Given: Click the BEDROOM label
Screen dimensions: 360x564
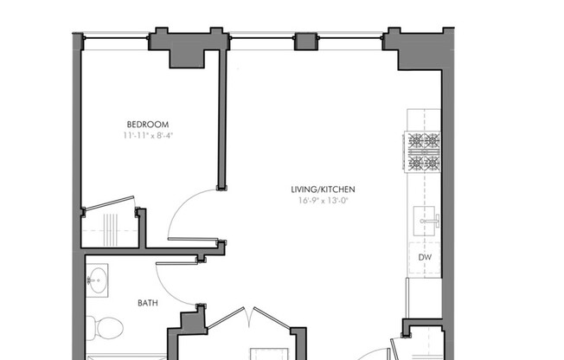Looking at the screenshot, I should tap(147, 124).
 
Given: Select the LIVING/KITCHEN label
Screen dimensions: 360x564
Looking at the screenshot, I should tap(323, 190).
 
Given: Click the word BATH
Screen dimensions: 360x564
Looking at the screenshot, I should tap(148, 303).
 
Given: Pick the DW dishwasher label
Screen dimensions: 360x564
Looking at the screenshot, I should tap(425, 257).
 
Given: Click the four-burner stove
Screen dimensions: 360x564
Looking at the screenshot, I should tap(423, 151).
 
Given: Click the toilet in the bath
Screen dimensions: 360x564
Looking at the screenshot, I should tap(106, 326).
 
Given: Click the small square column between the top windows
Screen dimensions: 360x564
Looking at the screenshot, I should tap(306, 42).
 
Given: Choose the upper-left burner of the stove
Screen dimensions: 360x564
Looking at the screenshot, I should tap(414, 140).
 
